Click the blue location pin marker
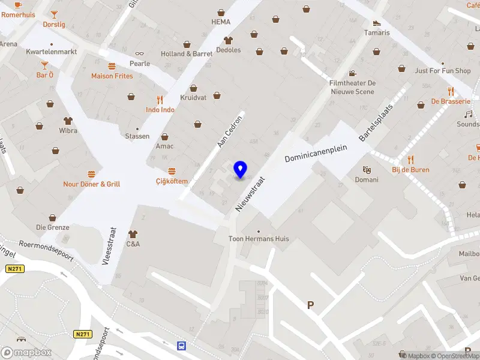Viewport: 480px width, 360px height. click(241, 170)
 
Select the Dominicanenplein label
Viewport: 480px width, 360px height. click(316, 155)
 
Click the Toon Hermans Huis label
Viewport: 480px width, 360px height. click(259, 239)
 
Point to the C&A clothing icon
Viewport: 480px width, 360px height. click(133, 233)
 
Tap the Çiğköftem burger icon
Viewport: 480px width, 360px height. click(172, 171)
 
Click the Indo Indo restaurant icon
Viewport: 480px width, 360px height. click(160, 100)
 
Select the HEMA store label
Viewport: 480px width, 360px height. click(221, 22)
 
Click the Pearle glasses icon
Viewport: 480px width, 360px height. click(139, 53)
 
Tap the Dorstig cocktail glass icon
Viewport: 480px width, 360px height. click(54, 14)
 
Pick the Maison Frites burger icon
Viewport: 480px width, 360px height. click(112, 66)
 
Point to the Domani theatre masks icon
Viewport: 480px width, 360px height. click(366, 170)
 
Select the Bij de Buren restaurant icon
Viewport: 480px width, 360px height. click(411, 159)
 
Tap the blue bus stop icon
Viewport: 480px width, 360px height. click(181, 346)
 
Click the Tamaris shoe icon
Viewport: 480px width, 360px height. click(377, 23)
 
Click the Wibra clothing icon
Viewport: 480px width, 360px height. click(68, 120)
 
